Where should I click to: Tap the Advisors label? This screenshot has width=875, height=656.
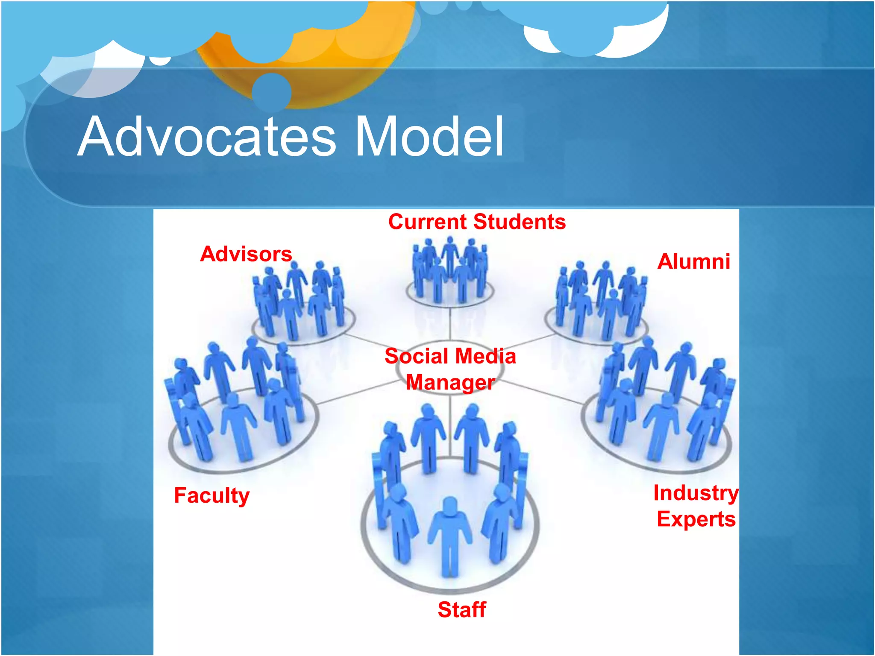tap(246, 254)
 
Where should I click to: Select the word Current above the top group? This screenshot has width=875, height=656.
tap(428, 222)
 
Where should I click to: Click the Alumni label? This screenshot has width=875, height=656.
tap(693, 261)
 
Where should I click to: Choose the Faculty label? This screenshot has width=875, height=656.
tap(211, 495)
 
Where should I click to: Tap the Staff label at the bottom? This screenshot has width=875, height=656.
tap(462, 609)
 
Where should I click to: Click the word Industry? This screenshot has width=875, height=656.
tap(696, 493)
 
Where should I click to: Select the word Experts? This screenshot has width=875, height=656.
tap(696, 519)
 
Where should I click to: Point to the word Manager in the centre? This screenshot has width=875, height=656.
tap(450, 382)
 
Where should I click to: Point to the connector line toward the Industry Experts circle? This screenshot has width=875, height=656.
tap(543, 391)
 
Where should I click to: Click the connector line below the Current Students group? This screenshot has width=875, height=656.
tap(450, 325)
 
